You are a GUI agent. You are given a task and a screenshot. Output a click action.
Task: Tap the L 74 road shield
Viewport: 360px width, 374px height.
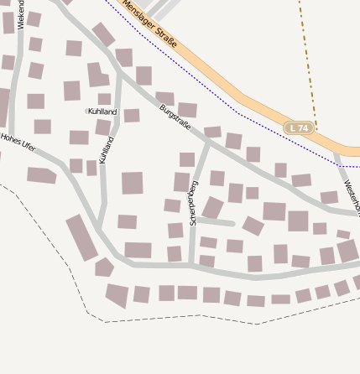pos(298,127)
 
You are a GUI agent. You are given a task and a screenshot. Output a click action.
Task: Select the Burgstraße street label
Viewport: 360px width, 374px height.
pos(175,116)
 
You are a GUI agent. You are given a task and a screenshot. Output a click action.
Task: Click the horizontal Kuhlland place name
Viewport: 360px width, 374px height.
pos(102,111)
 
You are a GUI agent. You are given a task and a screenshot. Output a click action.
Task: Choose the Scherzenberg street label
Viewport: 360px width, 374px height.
pos(194,202)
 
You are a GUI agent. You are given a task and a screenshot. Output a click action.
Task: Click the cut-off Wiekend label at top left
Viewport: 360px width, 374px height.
pos(21,15)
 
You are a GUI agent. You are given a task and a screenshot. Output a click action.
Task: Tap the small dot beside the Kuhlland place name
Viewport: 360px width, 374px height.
pos(86,111)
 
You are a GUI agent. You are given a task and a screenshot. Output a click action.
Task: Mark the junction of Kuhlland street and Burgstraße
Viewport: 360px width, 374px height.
pos(120,77)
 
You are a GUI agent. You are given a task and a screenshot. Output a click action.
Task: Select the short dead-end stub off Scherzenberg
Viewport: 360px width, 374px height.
pos(215,222)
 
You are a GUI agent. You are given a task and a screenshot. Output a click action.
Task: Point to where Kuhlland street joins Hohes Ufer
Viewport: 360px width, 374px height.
pos(98,228)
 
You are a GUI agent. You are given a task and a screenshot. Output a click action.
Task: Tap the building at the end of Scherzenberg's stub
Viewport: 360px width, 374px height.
pos(253,226)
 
